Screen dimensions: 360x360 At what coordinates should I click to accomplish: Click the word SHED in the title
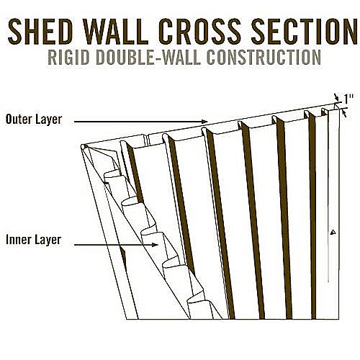tap(40, 31)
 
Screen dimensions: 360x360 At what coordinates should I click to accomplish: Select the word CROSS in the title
tap(199, 31)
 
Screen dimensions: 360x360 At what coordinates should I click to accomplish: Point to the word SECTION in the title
tap(305, 31)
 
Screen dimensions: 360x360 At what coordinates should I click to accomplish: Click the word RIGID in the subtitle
tap(68, 57)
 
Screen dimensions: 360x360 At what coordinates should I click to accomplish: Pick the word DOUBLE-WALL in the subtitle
tap(148, 57)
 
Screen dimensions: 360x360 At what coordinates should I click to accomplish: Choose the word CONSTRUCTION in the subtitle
tap(264, 57)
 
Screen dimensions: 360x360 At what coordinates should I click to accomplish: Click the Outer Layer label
tap(34, 120)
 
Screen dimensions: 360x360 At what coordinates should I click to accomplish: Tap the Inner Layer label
tap(34, 240)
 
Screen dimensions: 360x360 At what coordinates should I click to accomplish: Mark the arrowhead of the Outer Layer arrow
tap(204, 122)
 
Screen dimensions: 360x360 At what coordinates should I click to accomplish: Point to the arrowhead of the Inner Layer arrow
tap(156, 245)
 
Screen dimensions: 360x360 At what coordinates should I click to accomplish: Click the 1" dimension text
tap(349, 99)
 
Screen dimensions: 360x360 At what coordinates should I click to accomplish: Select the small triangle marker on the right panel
tap(333, 232)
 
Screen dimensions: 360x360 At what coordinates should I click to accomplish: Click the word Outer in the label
tap(18, 120)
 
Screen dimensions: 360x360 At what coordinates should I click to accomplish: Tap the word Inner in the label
tap(18, 240)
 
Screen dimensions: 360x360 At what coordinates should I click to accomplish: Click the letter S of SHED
tap(16, 31)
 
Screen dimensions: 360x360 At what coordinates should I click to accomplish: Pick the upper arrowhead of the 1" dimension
tap(337, 99)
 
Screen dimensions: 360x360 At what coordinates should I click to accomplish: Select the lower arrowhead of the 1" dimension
tap(345, 113)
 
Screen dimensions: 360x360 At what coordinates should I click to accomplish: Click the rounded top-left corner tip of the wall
tap(83, 146)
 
